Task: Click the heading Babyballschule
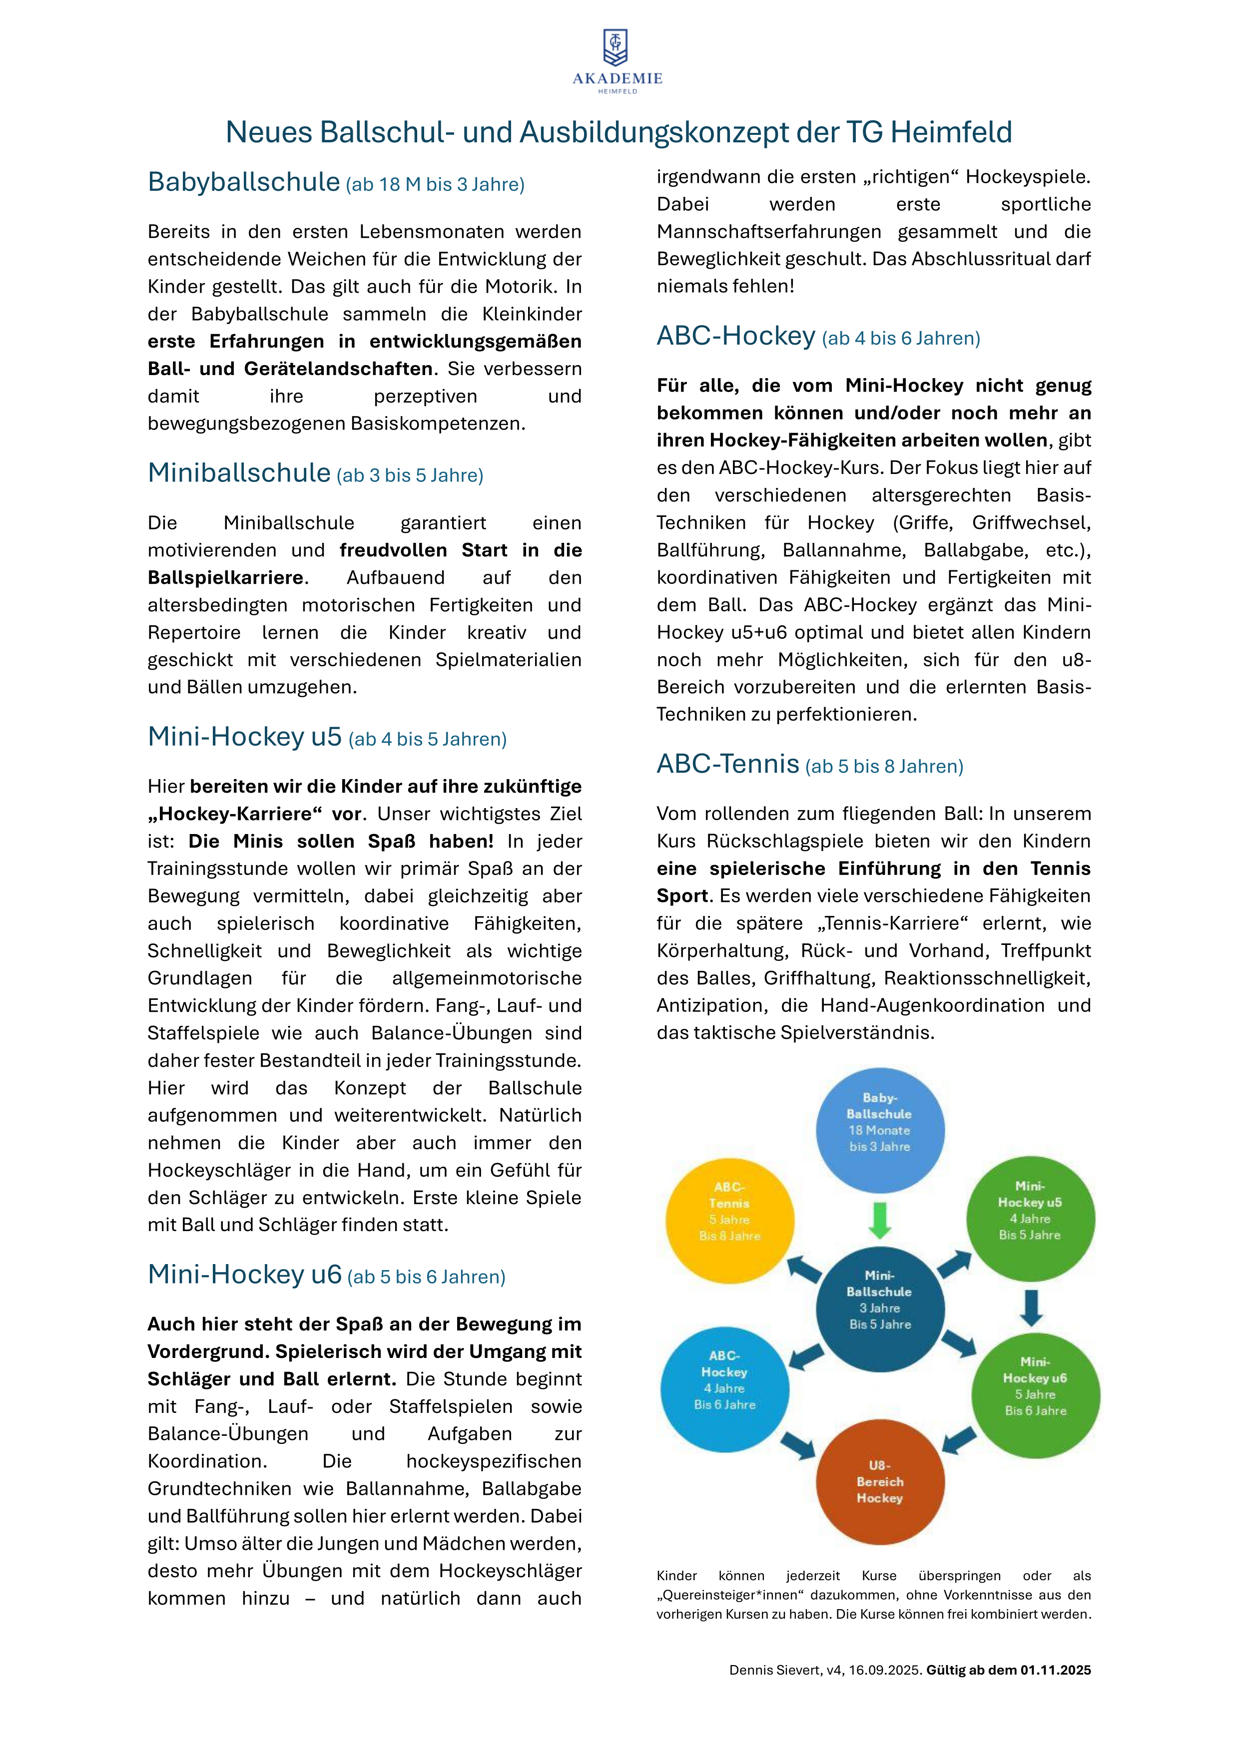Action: [x=243, y=182]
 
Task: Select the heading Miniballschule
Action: [x=239, y=473]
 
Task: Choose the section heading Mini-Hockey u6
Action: [x=244, y=1275]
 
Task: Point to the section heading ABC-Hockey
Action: [x=736, y=336]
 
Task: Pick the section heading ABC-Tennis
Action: [x=727, y=764]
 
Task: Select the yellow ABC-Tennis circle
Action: [x=730, y=1220]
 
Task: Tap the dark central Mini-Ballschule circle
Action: [x=879, y=1308]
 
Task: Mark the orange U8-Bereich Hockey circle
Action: [x=879, y=1481]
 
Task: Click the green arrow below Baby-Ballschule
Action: [x=879, y=1220]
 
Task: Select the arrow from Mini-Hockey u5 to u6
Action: [x=1031, y=1307]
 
